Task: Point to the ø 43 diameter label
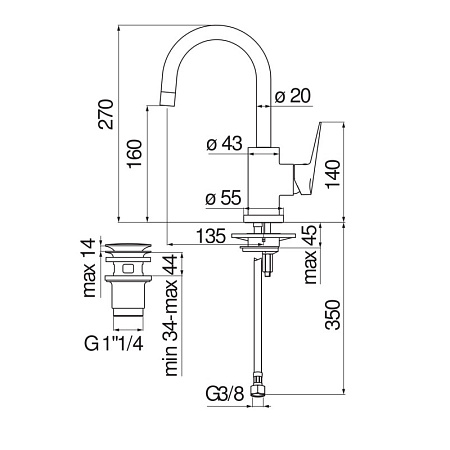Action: pyautogui.click(x=225, y=145)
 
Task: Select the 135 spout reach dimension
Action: pyautogui.click(x=209, y=236)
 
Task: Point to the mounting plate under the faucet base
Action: pyautogui.click(x=261, y=237)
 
